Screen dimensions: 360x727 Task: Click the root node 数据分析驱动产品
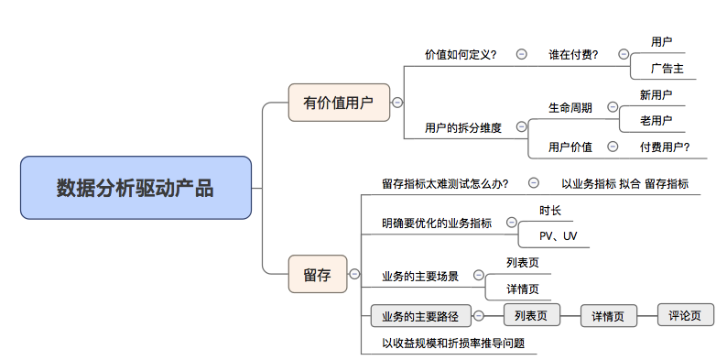[x=135, y=188]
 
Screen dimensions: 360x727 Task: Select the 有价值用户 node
[x=339, y=103]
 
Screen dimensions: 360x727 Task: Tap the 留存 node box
[x=318, y=274]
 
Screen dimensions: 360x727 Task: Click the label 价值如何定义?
[x=461, y=54]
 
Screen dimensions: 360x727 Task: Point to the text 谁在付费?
[x=573, y=54]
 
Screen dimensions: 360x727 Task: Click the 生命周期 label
[x=570, y=107]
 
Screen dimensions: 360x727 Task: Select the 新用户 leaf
[x=656, y=94]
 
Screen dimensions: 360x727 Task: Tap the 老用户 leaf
[x=656, y=120]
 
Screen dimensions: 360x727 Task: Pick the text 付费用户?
[x=665, y=147]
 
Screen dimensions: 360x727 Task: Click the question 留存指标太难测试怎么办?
[x=445, y=183]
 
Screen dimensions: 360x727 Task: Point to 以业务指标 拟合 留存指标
[x=624, y=183]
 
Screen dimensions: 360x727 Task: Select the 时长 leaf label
[x=550, y=210]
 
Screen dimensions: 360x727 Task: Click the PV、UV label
[x=558, y=236]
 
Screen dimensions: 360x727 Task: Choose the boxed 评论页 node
[x=685, y=316]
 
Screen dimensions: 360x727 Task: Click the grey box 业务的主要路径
[x=420, y=317]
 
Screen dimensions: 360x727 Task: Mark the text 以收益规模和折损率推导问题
[x=453, y=344]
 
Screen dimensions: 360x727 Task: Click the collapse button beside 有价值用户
[x=397, y=103]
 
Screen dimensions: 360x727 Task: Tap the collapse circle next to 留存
[x=354, y=274]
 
